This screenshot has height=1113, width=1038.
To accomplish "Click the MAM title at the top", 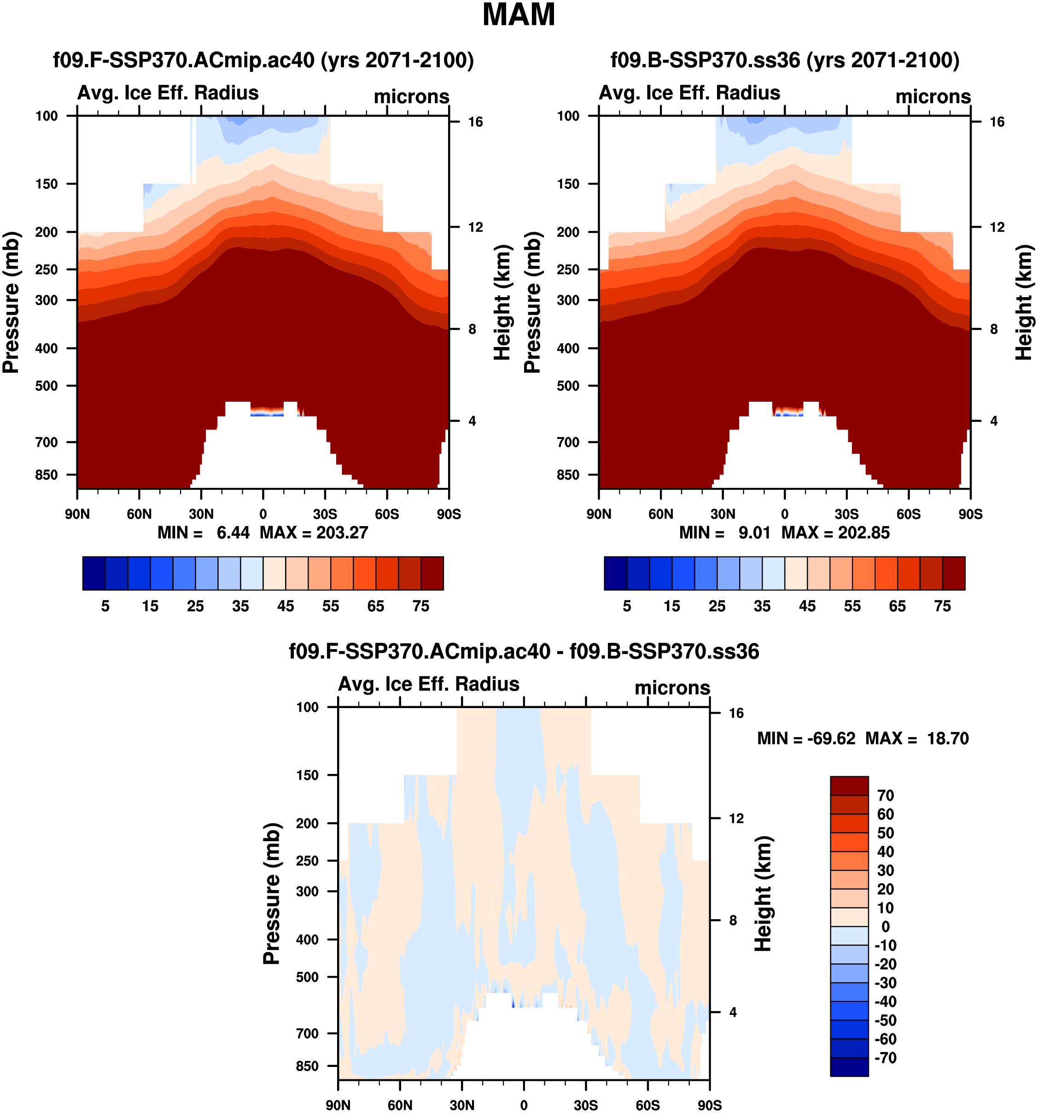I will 518,15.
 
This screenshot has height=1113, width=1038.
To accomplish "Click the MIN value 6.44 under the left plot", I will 233,533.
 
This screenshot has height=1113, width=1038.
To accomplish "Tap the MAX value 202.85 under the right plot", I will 863,533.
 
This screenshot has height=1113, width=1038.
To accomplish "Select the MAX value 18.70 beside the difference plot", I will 947,738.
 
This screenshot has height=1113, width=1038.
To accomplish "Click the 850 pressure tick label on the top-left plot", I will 47,475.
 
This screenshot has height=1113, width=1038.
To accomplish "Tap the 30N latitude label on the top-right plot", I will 723,514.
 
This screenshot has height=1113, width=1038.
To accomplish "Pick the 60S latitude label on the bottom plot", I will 647,1105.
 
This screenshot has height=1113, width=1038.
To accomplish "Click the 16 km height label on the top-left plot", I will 475,122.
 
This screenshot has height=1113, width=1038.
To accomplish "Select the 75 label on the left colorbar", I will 421,606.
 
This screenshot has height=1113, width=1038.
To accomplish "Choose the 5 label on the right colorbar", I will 627,606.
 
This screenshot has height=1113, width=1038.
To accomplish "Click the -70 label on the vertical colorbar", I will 885,1058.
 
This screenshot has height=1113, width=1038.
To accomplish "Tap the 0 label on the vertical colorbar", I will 885,926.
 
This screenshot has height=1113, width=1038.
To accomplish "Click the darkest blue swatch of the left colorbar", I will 93,573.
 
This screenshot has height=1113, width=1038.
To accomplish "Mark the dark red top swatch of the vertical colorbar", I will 849,785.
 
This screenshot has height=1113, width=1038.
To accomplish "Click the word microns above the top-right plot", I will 933,97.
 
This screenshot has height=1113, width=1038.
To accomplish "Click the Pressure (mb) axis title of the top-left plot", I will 11,302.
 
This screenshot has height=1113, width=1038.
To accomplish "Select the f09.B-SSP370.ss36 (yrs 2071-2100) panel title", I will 785,60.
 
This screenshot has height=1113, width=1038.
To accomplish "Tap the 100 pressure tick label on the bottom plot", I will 307,707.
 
